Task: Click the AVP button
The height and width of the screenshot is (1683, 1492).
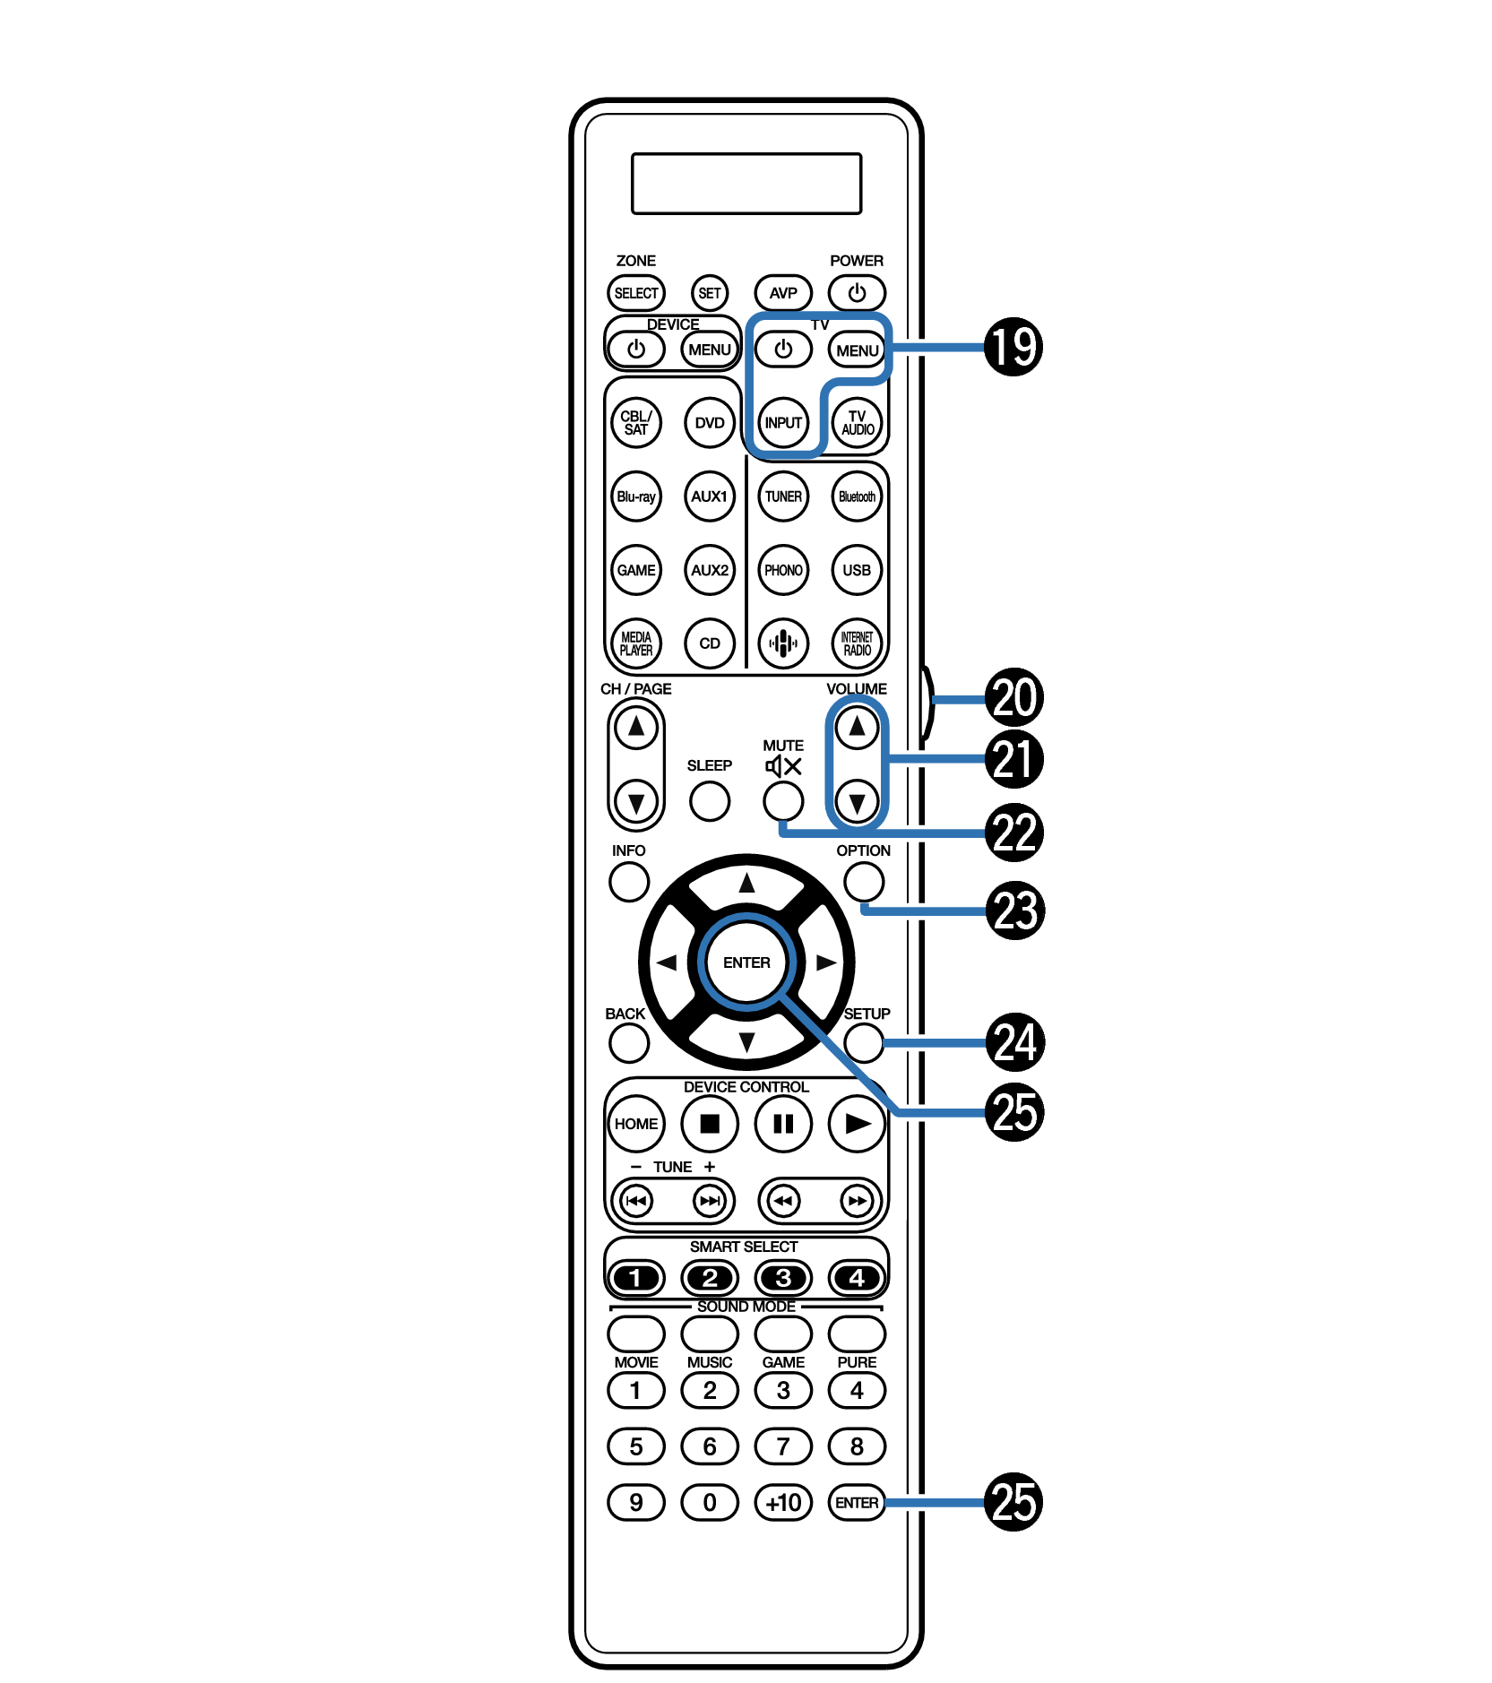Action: tap(782, 293)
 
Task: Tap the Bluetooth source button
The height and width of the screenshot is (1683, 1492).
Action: tap(857, 496)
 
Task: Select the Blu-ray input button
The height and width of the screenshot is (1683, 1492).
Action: tap(636, 496)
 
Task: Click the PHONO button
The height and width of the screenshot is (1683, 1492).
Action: tap(783, 570)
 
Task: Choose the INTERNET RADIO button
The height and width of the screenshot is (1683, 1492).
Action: tap(857, 643)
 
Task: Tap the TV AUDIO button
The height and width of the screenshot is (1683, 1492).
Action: tap(857, 423)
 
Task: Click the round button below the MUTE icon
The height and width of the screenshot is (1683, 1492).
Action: tap(783, 801)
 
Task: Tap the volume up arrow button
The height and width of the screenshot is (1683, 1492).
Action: tap(857, 727)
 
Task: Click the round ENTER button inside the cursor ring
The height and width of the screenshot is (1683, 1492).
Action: tap(746, 962)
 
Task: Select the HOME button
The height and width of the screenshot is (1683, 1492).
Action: tap(636, 1124)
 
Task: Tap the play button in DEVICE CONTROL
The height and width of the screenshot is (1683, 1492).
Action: tap(857, 1124)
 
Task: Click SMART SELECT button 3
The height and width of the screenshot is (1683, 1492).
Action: tap(783, 1278)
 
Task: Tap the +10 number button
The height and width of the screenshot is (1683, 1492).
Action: tap(783, 1502)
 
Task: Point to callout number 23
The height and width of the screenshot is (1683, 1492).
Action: tap(1014, 911)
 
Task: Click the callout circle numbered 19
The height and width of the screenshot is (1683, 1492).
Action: tap(1013, 347)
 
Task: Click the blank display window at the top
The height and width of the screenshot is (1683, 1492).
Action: tap(746, 184)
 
